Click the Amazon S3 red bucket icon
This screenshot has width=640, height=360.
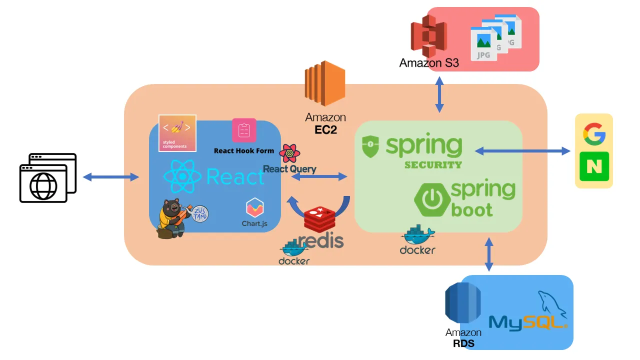tap(428, 36)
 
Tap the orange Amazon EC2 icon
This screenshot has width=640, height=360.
tap(325, 83)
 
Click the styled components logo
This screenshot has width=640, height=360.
tap(177, 132)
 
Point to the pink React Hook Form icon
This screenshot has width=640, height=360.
tap(244, 130)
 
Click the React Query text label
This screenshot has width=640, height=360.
tap(289, 169)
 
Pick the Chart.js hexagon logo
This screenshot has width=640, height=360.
tap(254, 208)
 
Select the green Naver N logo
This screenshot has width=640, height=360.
tap(594, 166)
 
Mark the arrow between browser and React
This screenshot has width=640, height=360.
tap(110, 177)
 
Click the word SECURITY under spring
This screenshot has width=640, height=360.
tap(433, 164)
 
